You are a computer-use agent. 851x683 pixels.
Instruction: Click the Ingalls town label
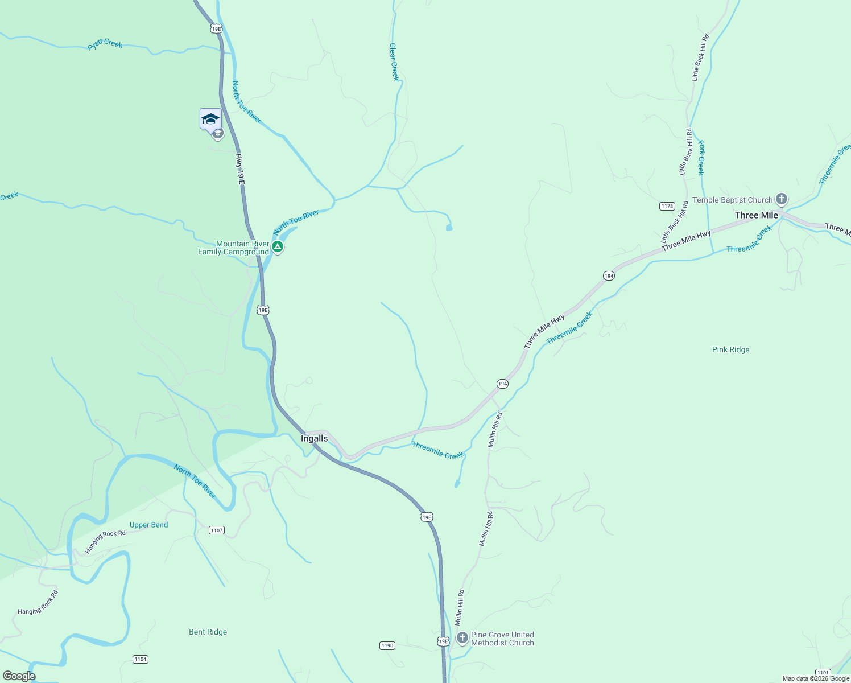(x=314, y=438)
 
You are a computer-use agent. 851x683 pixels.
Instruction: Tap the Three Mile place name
(x=756, y=215)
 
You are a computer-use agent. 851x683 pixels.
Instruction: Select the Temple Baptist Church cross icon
(x=782, y=199)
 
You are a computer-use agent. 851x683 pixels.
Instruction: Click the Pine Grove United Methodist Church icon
(x=462, y=637)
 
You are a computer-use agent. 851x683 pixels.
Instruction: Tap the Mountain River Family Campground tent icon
(x=277, y=247)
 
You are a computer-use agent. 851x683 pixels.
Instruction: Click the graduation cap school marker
(x=210, y=119)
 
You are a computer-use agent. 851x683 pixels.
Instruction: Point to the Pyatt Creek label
(x=105, y=44)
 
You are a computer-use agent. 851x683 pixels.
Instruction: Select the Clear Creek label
(x=394, y=61)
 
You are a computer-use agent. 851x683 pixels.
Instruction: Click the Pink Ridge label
(x=730, y=349)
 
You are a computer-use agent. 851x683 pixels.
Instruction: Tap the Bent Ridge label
(x=208, y=632)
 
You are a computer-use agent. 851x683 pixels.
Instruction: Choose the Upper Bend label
(x=148, y=525)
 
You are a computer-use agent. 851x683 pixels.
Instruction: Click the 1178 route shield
(x=667, y=206)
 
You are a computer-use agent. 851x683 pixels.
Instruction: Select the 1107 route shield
(x=216, y=530)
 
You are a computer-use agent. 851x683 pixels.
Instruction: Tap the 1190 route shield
(x=387, y=645)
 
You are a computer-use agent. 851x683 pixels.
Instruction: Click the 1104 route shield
(x=140, y=659)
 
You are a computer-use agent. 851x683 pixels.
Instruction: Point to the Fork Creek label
(x=701, y=158)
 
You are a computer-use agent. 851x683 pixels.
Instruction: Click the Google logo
(x=19, y=676)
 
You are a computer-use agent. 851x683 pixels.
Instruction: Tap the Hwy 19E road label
(x=240, y=169)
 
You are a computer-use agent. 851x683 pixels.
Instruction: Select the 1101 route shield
(x=822, y=672)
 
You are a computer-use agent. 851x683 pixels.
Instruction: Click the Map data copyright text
(x=815, y=678)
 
